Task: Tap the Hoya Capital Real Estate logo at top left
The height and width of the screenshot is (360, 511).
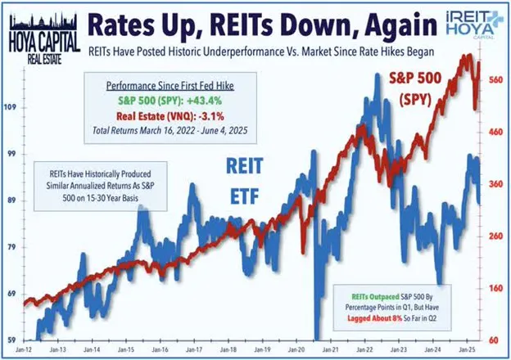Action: [42, 30]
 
